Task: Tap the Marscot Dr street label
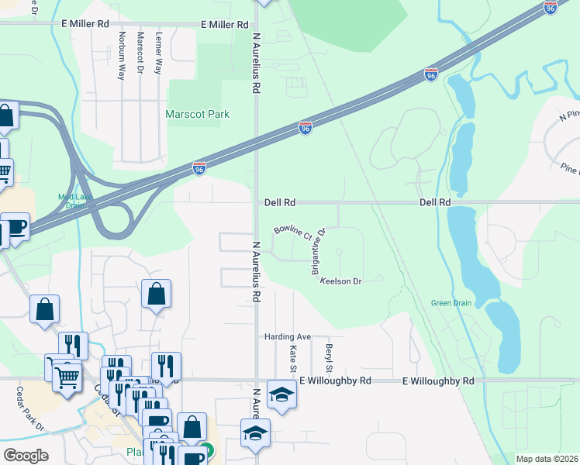click(x=141, y=53)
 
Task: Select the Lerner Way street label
click(x=158, y=54)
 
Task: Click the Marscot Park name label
click(x=198, y=114)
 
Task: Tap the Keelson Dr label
click(x=342, y=281)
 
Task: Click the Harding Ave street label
click(x=287, y=337)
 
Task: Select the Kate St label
click(x=294, y=358)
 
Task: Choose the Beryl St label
click(x=330, y=357)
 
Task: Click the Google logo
click(x=26, y=455)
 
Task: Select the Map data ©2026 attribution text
click(x=547, y=459)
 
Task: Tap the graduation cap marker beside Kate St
click(x=281, y=394)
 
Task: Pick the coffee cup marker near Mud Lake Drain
click(x=16, y=226)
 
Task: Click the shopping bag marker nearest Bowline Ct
click(x=156, y=294)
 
